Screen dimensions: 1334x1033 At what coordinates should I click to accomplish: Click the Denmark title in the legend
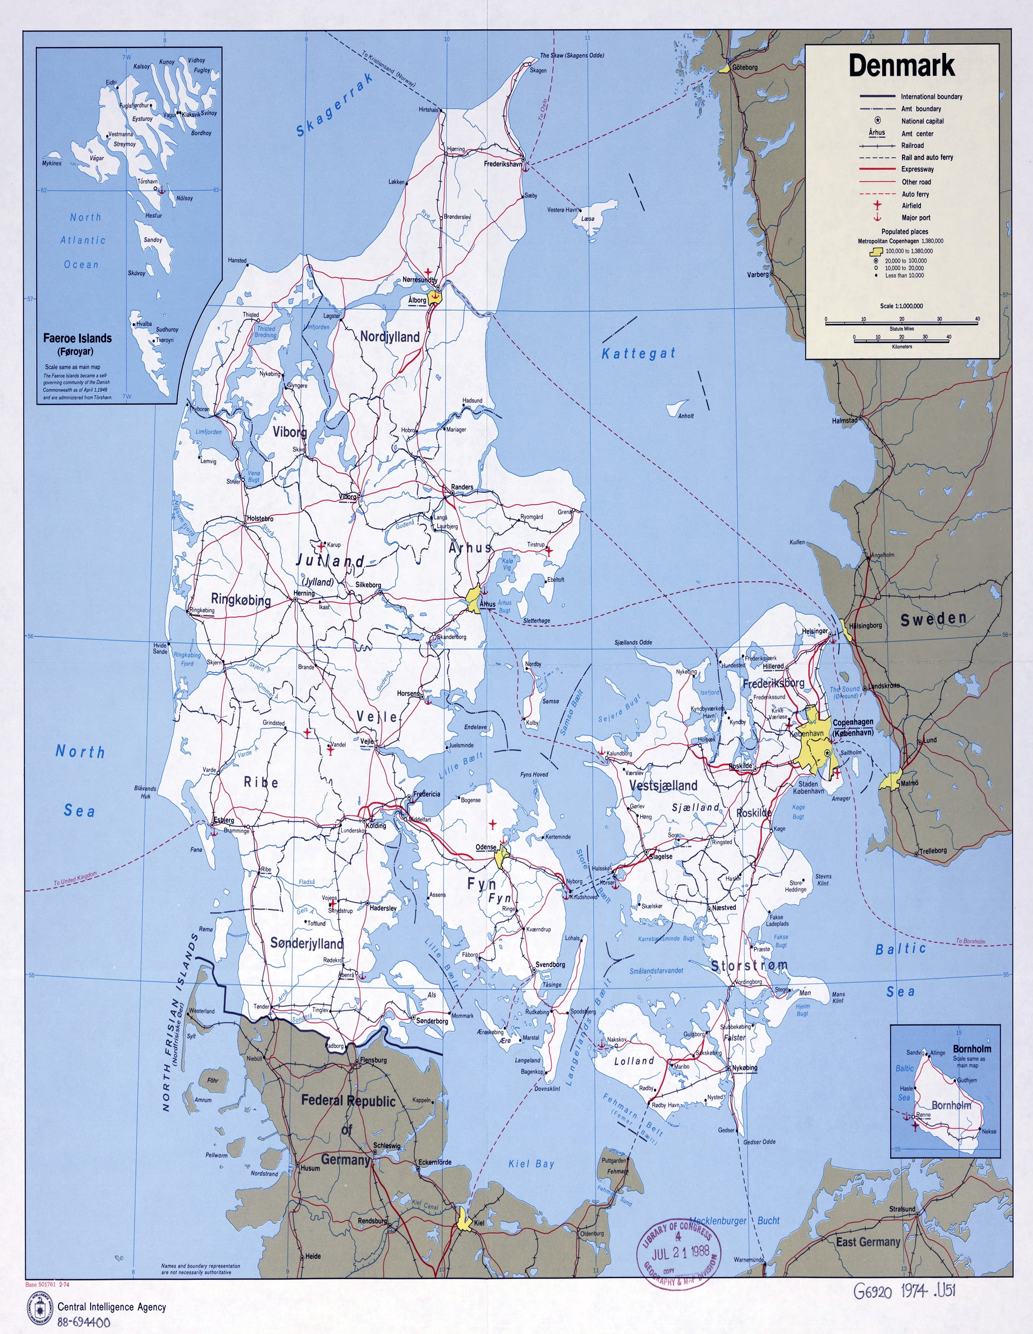click(x=901, y=66)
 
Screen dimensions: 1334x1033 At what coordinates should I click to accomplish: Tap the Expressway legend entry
click(x=917, y=169)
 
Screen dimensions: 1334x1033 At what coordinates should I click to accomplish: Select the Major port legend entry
click(x=916, y=217)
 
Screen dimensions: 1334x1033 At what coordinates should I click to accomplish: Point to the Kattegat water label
click(x=638, y=353)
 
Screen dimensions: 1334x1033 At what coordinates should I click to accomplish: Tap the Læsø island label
click(x=588, y=218)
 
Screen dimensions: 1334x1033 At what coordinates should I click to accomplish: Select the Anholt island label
click(x=686, y=416)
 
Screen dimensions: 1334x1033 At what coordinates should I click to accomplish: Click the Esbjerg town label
click(x=223, y=820)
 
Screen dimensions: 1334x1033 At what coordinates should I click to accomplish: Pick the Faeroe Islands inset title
click(x=77, y=338)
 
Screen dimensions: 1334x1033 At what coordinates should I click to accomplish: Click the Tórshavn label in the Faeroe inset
click(x=147, y=181)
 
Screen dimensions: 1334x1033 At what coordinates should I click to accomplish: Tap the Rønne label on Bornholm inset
click(x=923, y=1115)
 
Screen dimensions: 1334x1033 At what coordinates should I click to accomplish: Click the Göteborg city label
click(x=745, y=67)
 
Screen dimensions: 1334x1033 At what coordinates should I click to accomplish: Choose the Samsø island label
click(x=550, y=701)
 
